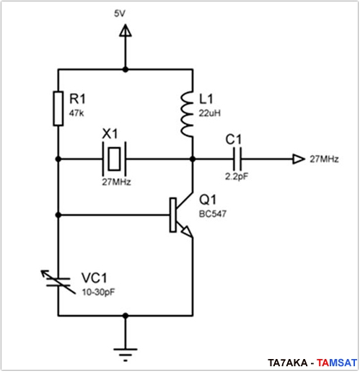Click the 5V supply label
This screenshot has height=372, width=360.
tap(120, 14)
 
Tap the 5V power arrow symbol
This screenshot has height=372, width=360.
tap(126, 30)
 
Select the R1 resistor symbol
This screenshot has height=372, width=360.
tap(58, 108)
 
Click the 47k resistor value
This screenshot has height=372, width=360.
tap(76, 113)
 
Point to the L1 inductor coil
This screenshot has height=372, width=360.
tap(187, 114)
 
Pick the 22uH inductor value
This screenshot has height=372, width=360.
tap(209, 113)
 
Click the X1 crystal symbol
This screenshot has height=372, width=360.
tap(114, 159)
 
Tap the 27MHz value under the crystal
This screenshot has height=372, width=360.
tap(116, 182)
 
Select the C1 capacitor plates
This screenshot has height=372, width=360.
tap(237, 159)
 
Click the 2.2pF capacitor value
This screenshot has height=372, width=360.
tap(237, 177)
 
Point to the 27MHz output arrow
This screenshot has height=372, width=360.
tap(299, 159)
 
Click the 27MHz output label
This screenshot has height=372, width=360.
tap(324, 159)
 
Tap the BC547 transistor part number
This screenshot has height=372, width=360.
tap(213, 213)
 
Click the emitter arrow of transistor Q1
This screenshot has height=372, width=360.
tap(187, 231)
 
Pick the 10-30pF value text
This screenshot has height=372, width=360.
tap(98, 292)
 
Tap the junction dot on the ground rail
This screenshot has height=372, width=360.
tap(126, 316)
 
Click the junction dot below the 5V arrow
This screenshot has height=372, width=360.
tap(126, 70)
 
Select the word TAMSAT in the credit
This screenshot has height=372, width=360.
tap(337, 363)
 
